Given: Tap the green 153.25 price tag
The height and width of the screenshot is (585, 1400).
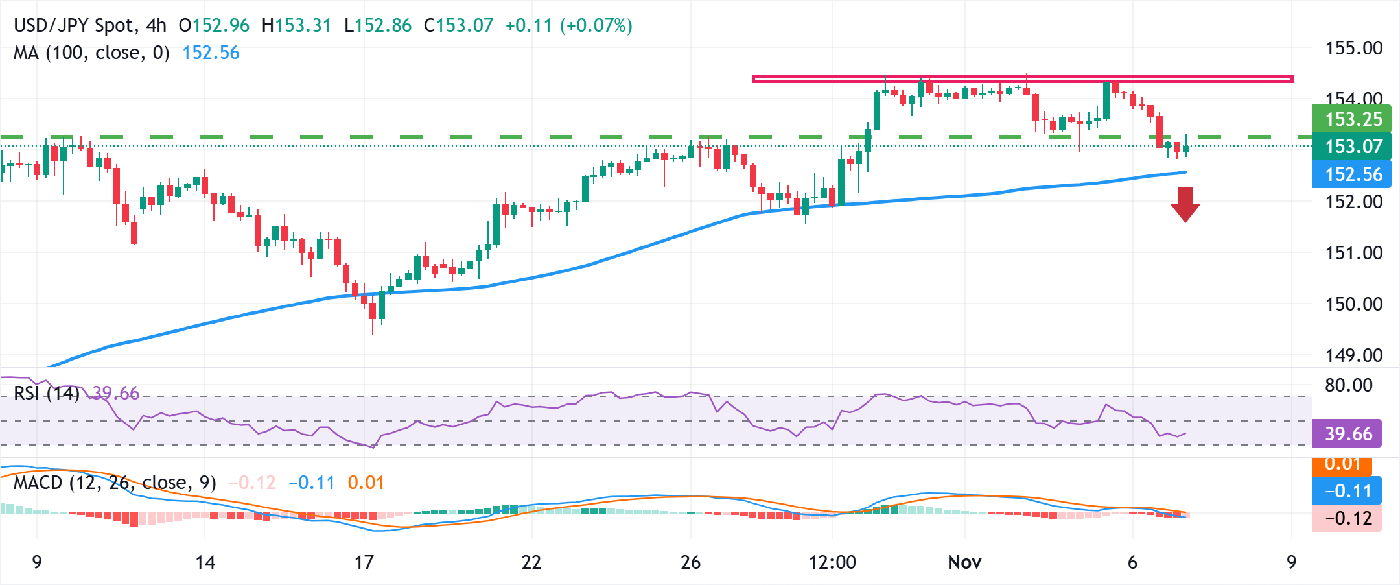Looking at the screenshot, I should click(1352, 119).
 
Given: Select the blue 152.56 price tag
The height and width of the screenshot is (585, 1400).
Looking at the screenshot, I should click(1352, 174).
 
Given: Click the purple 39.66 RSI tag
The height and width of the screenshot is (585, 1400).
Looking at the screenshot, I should click(1347, 434).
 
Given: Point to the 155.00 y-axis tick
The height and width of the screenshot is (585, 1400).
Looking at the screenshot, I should click(1353, 48).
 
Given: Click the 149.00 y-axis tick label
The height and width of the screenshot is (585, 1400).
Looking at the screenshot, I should click(1353, 355).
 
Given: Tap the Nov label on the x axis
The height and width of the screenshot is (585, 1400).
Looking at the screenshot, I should click(964, 562).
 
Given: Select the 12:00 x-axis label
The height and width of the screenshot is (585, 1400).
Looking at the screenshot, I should click(832, 562).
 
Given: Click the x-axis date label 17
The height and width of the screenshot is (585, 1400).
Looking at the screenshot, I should click(364, 562).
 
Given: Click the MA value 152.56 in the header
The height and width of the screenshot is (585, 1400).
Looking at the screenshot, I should click(211, 53).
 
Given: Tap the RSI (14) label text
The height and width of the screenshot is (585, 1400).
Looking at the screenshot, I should click(46, 393).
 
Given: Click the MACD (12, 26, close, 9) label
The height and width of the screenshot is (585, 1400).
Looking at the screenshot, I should click(115, 483).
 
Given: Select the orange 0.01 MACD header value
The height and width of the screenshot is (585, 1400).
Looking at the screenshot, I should click(366, 483).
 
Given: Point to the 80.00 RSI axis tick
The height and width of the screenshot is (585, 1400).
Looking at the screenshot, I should click(1348, 385).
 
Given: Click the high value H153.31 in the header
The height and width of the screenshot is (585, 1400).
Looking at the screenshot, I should click(296, 26).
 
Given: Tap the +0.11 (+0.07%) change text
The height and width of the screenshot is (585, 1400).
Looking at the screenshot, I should click(568, 26).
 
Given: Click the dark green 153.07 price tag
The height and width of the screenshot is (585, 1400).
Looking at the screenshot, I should click(1352, 147).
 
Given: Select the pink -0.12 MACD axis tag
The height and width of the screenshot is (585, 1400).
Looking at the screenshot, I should click(1347, 518).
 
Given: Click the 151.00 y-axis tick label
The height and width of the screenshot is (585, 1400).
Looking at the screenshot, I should click(1353, 253).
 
